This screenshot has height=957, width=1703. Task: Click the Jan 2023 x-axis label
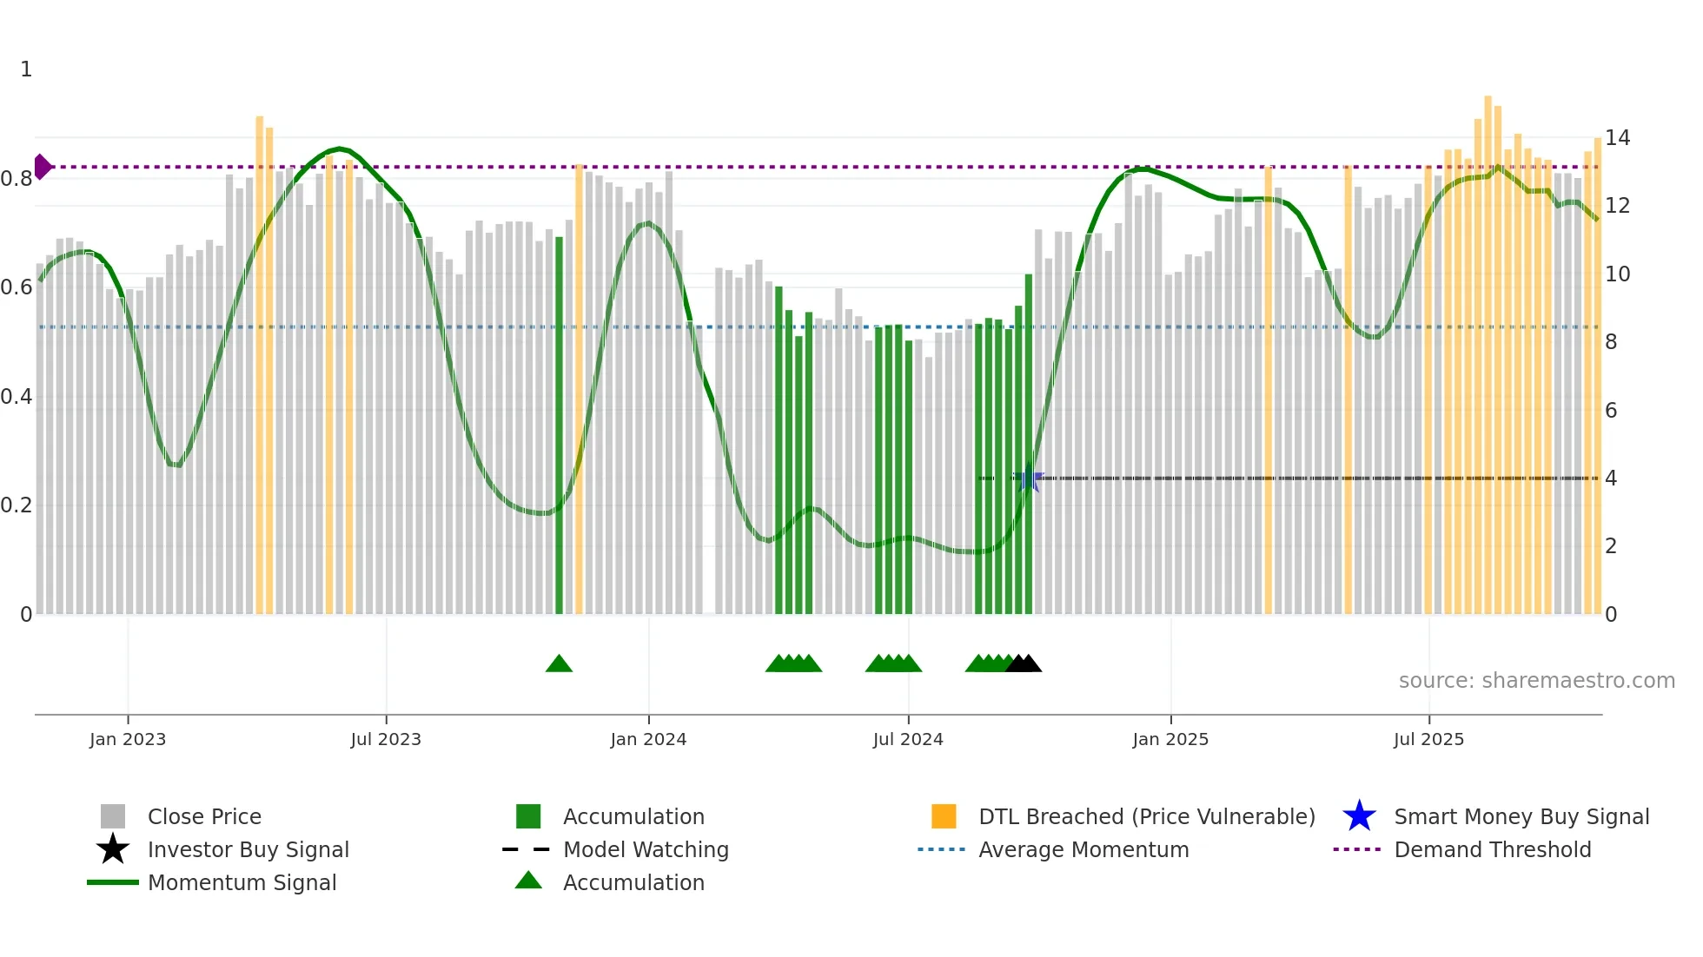[x=127, y=739]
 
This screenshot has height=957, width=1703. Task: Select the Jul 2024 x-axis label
[x=908, y=739]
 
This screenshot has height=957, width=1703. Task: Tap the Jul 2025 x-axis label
[x=1428, y=739]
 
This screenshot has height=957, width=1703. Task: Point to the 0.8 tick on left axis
[x=17, y=179]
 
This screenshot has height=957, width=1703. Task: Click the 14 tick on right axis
[x=1617, y=138]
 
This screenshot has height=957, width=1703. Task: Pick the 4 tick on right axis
[x=1611, y=478]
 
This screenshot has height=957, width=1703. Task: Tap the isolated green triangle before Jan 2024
[x=559, y=664]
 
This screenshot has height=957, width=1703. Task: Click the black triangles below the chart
[x=1024, y=664]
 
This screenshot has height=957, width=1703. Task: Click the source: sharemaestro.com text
[x=1536, y=681]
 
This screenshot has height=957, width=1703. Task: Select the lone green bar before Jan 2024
[x=559, y=426]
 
